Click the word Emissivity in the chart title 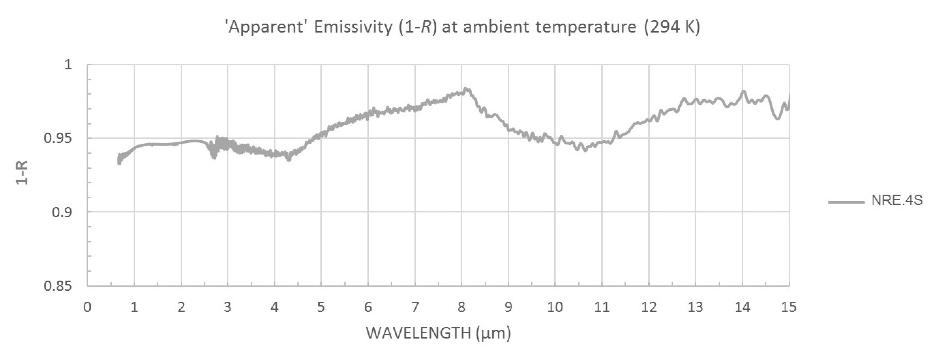click(x=353, y=27)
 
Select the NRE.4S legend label click(x=896, y=201)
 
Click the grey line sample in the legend click(x=846, y=202)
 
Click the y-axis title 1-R click(x=22, y=173)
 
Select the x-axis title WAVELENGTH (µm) click(x=438, y=333)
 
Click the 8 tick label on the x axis click(x=461, y=307)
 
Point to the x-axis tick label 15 click(x=788, y=307)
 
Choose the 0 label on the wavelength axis click(x=87, y=307)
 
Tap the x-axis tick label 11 click(x=601, y=307)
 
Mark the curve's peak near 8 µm click(x=466, y=89)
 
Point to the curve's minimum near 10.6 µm click(x=585, y=150)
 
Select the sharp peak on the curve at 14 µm click(x=743, y=91)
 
